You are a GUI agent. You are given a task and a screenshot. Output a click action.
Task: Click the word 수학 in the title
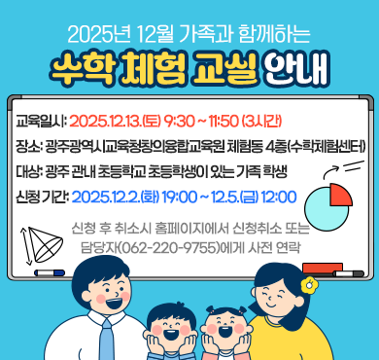(85, 68)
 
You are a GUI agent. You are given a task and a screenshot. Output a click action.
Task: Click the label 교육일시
(39, 124)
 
